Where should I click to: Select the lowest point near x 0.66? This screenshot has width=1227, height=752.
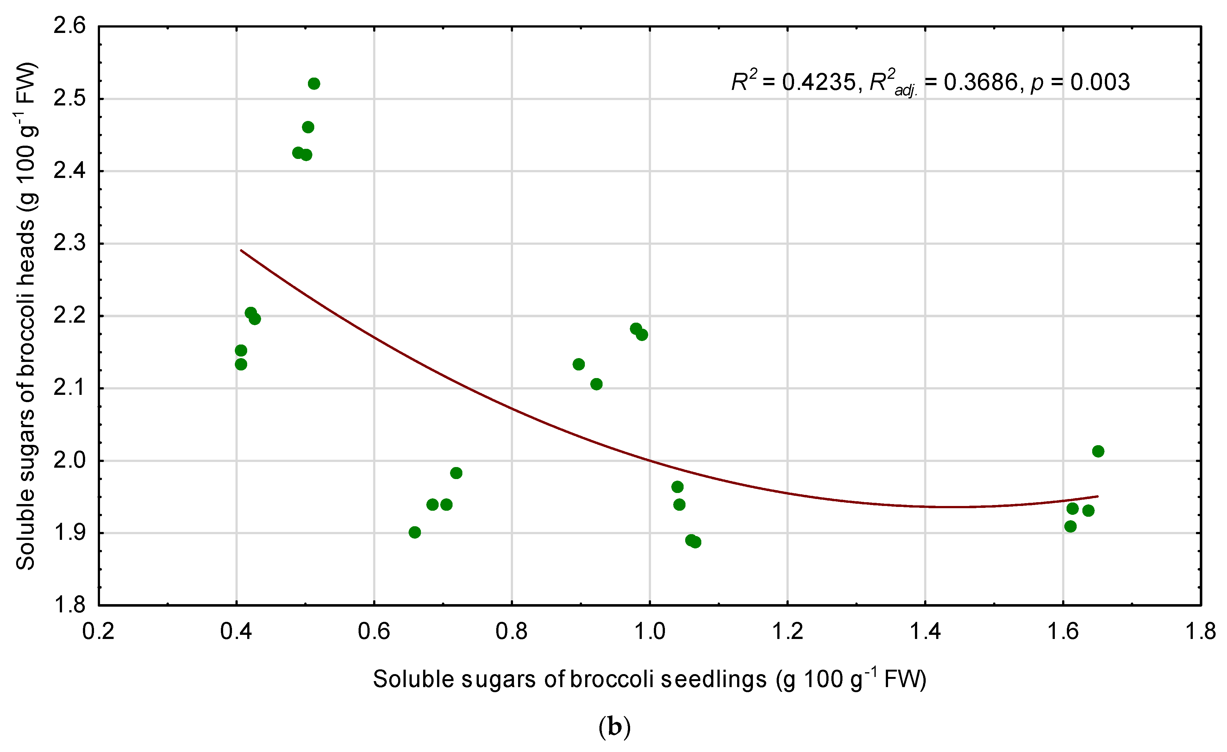coord(415,532)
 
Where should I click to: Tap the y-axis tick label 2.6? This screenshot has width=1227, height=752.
coord(70,26)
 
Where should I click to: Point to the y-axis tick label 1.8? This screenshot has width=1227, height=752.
coord(70,605)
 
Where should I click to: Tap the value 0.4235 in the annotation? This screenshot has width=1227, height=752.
coord(819,82)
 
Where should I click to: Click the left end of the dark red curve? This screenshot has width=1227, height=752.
coord(241,250)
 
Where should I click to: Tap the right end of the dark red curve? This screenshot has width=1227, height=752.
coord(1098,496)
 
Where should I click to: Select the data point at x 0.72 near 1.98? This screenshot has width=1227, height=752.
coord(456,473)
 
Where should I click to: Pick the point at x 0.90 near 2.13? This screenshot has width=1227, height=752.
coord(579,364)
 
